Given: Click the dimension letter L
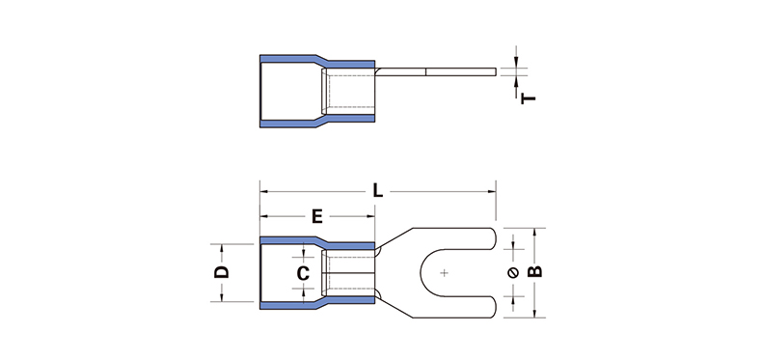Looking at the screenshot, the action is pos(377,191).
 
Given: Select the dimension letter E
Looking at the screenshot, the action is pos(316,216).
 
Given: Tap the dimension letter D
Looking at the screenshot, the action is pos(222,272).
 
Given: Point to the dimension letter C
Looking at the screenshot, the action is pos(303,273).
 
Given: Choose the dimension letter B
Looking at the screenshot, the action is pos(534,272).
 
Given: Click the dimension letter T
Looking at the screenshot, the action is pos(529,98).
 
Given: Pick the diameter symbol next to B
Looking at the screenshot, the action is pos(513,273).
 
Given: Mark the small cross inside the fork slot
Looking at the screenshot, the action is pos(444,273).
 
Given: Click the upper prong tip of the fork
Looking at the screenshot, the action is pos(496,238).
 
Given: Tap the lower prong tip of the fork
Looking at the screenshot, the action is pos(496,307).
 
